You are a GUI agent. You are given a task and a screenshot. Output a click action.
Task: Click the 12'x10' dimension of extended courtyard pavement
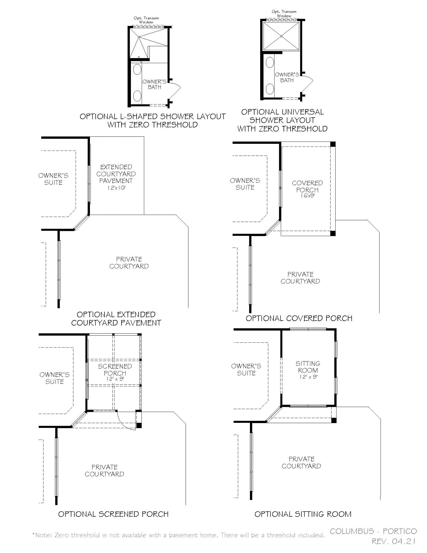click(x=116, y=188)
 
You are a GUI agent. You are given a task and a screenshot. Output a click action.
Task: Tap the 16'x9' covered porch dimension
click(x=307, y=196)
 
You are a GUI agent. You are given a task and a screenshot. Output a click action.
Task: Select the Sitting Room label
click(x=308, y=367)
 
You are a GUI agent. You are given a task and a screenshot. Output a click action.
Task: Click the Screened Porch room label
click(x=115, y=370)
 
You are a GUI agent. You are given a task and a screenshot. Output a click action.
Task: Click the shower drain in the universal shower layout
click(x=281, y=36)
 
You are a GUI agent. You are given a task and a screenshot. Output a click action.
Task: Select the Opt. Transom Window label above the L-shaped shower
click(x=146, y=20)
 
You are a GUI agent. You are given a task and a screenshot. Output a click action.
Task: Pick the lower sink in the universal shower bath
click(x=270, y=89)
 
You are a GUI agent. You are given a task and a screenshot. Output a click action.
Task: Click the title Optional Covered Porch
click(x=299, y=318)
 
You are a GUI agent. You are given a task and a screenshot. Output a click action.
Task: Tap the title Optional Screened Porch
click(x=113, y=514)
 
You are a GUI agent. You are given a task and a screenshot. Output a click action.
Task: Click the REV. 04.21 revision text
click(x=394, y=541)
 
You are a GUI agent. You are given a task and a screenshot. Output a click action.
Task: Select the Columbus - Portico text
click(x=373, y=531)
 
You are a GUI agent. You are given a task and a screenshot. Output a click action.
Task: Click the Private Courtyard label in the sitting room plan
click(x=301, y=462)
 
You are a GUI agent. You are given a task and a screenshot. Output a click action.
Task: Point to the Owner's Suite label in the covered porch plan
click(x=245, y=184)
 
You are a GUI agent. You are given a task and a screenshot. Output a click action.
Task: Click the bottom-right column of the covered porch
click(x=333, y=233)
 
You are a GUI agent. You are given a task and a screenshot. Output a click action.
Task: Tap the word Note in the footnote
click(x=44, y=535)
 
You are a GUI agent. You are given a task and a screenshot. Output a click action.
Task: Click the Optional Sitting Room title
click(x=303, y=514)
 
